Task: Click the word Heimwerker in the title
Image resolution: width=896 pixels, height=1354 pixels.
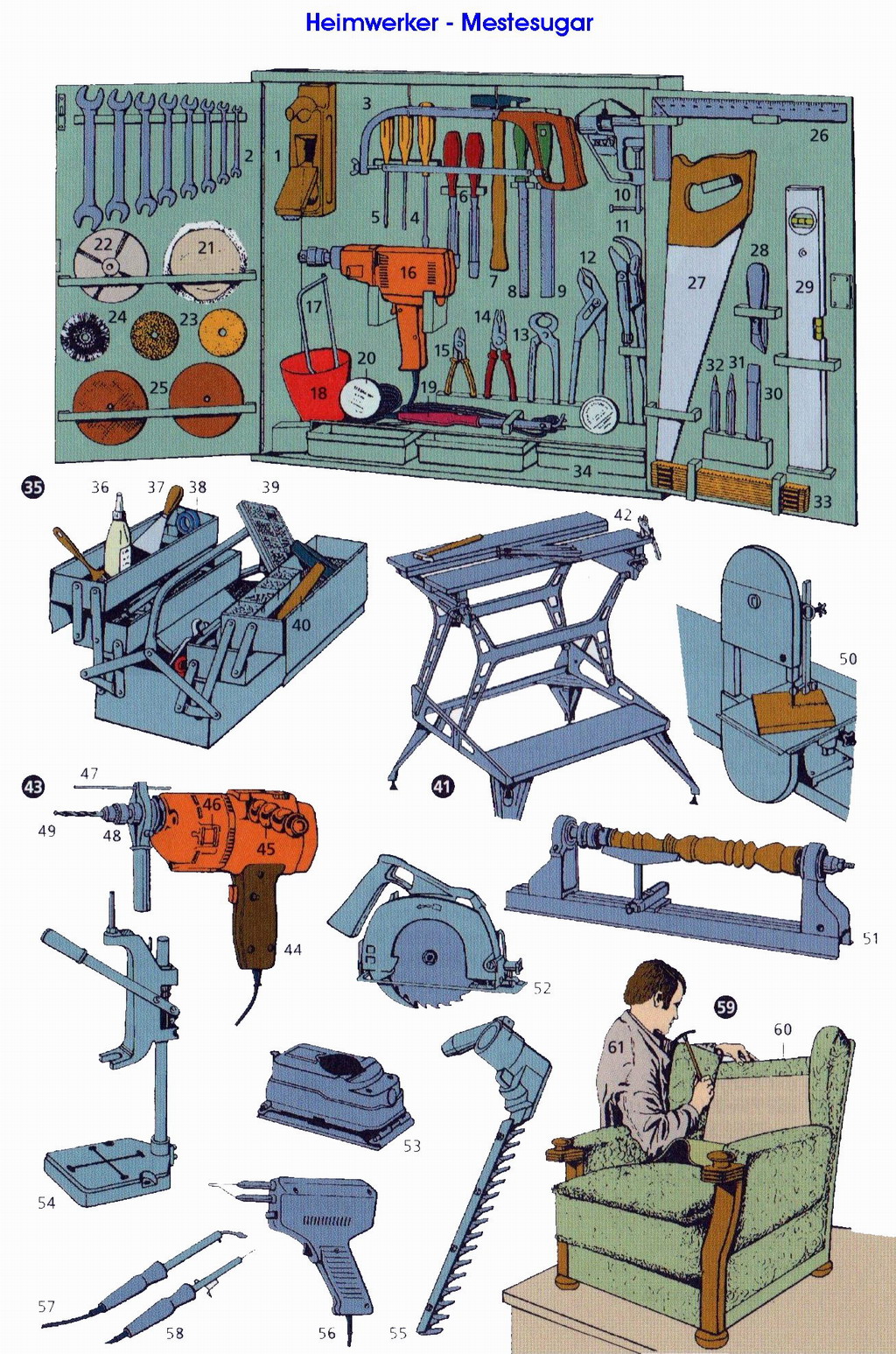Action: (372, 23)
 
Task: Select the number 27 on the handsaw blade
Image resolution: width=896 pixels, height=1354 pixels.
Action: (696, 283)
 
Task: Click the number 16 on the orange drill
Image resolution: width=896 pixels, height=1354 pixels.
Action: (408, 272)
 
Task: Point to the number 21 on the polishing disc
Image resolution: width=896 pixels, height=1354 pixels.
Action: (206, 247)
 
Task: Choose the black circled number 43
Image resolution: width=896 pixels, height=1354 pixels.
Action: (32, 787)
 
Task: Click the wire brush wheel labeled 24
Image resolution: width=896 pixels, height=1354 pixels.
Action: (85, 334)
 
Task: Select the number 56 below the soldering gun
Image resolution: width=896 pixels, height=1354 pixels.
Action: (327, 1333)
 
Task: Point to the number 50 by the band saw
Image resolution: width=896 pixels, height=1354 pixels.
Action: (848, 658)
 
